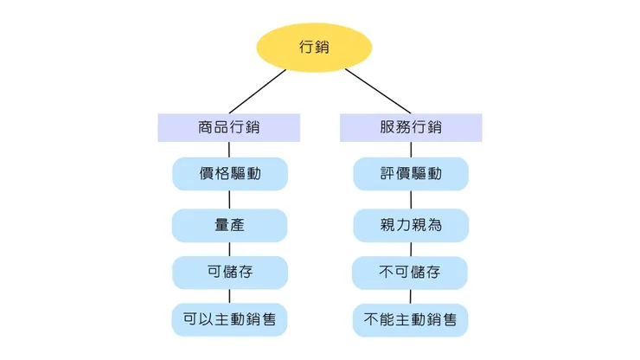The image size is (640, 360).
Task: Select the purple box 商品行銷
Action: pos(229,127)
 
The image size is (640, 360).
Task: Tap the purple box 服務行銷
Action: pos(411,127)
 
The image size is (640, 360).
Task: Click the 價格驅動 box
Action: pos(229,174)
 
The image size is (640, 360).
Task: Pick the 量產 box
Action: pos(229,225)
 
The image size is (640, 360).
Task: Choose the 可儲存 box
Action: pos(229,273)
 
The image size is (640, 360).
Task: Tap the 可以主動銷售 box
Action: pos(229,319)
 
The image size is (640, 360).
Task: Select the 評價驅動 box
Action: pos(411,174)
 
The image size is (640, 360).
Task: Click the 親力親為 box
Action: pos(411,225)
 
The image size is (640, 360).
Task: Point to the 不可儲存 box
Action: pos(411,273)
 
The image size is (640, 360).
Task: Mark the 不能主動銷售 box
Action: pos(411,319)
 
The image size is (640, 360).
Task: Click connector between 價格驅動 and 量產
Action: pos(229,200)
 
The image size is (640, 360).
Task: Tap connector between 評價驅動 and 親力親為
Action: pos(411,200)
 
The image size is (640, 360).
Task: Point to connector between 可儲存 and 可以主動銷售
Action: pos(229,296)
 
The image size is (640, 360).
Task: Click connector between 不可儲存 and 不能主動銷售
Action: pos(411,296)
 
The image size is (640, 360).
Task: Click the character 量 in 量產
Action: pos(221,225)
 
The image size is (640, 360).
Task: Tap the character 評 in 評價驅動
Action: pos(387,174)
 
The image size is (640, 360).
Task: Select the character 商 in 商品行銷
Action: pos(206,127)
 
